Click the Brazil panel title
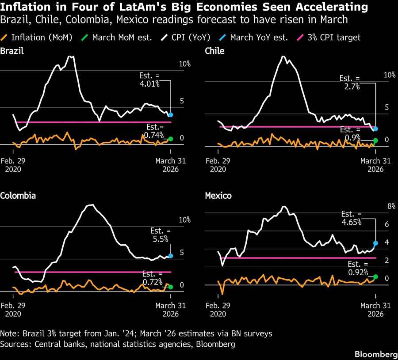(12, 51)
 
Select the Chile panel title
(214, 51)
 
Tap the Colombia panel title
(18, 196)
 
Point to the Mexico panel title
(218, 196)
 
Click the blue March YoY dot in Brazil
(171, 115)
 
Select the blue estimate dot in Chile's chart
(376, 129)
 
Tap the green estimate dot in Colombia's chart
(171, 287)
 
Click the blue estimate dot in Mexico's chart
(376, 243)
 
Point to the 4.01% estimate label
(150, 80)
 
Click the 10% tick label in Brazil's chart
(184, 64)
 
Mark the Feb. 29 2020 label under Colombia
(13, 310)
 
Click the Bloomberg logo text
(373, 355)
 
